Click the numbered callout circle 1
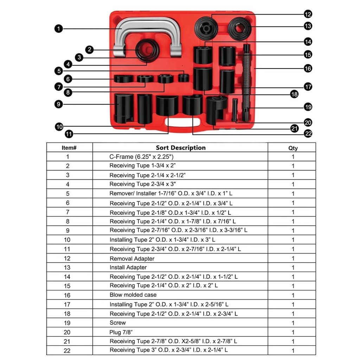[59, 29]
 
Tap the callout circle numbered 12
[308, 14]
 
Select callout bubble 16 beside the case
[308, 69]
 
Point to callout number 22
[308, 133]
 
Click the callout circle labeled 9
[59, 104]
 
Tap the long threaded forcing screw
[246, 83]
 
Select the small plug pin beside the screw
[234, 110]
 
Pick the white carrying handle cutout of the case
[182, 122]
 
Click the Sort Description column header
[181, 148]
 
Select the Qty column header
[293, 148]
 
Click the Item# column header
[69, 148]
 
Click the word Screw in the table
[118, 323]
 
